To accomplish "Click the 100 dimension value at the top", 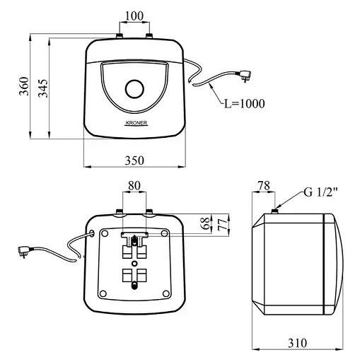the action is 134,16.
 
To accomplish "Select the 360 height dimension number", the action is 24,86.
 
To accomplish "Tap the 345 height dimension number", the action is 43,88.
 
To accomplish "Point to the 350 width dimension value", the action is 134,160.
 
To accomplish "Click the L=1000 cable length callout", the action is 244,103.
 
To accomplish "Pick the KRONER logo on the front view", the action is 137,123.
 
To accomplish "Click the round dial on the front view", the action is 134,89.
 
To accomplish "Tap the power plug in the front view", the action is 244,76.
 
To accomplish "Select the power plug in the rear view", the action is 24,251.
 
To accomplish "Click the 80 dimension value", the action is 134,185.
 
